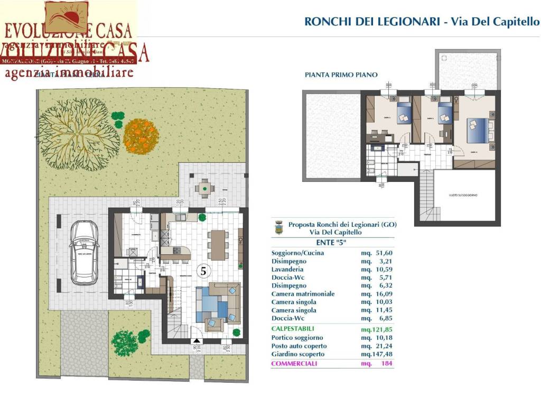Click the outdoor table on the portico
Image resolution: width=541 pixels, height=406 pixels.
pos(204,187)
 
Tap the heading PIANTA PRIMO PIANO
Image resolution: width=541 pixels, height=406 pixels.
pos(341,75)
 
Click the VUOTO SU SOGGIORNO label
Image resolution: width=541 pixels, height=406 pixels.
pos(460,195)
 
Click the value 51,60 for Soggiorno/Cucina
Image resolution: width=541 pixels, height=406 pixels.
pos(382,253)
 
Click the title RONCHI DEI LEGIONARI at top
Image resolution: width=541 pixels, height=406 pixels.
pos(372,22)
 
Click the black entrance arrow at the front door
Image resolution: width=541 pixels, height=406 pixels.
pos(196,342)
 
